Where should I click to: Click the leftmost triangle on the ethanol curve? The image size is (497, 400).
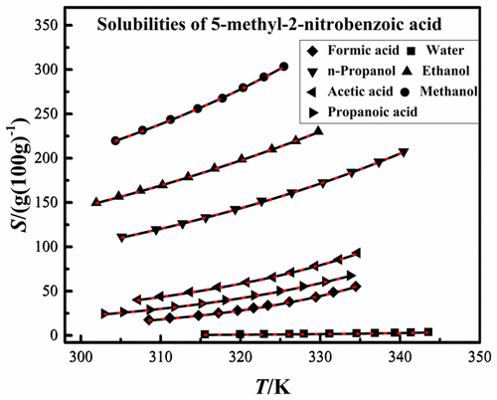click(96, 202)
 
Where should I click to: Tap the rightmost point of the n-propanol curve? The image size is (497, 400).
click(404, 152)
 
